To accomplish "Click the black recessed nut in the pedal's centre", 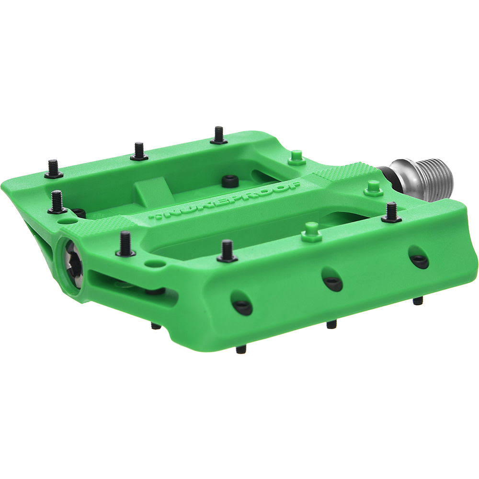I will click(230, 181).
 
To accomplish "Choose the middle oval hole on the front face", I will click(332, 282).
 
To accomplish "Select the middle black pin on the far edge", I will click(139, 152).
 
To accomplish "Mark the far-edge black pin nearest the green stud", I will click(218, 136).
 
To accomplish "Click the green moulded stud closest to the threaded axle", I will click(373, 188).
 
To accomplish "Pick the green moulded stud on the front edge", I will click(311, 232).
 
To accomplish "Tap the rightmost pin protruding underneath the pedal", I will click(418, 301).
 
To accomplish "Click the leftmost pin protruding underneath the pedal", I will click(156, 326).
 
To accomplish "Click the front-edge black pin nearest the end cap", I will click(125, 244).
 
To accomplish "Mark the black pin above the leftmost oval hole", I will click(227, 251).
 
